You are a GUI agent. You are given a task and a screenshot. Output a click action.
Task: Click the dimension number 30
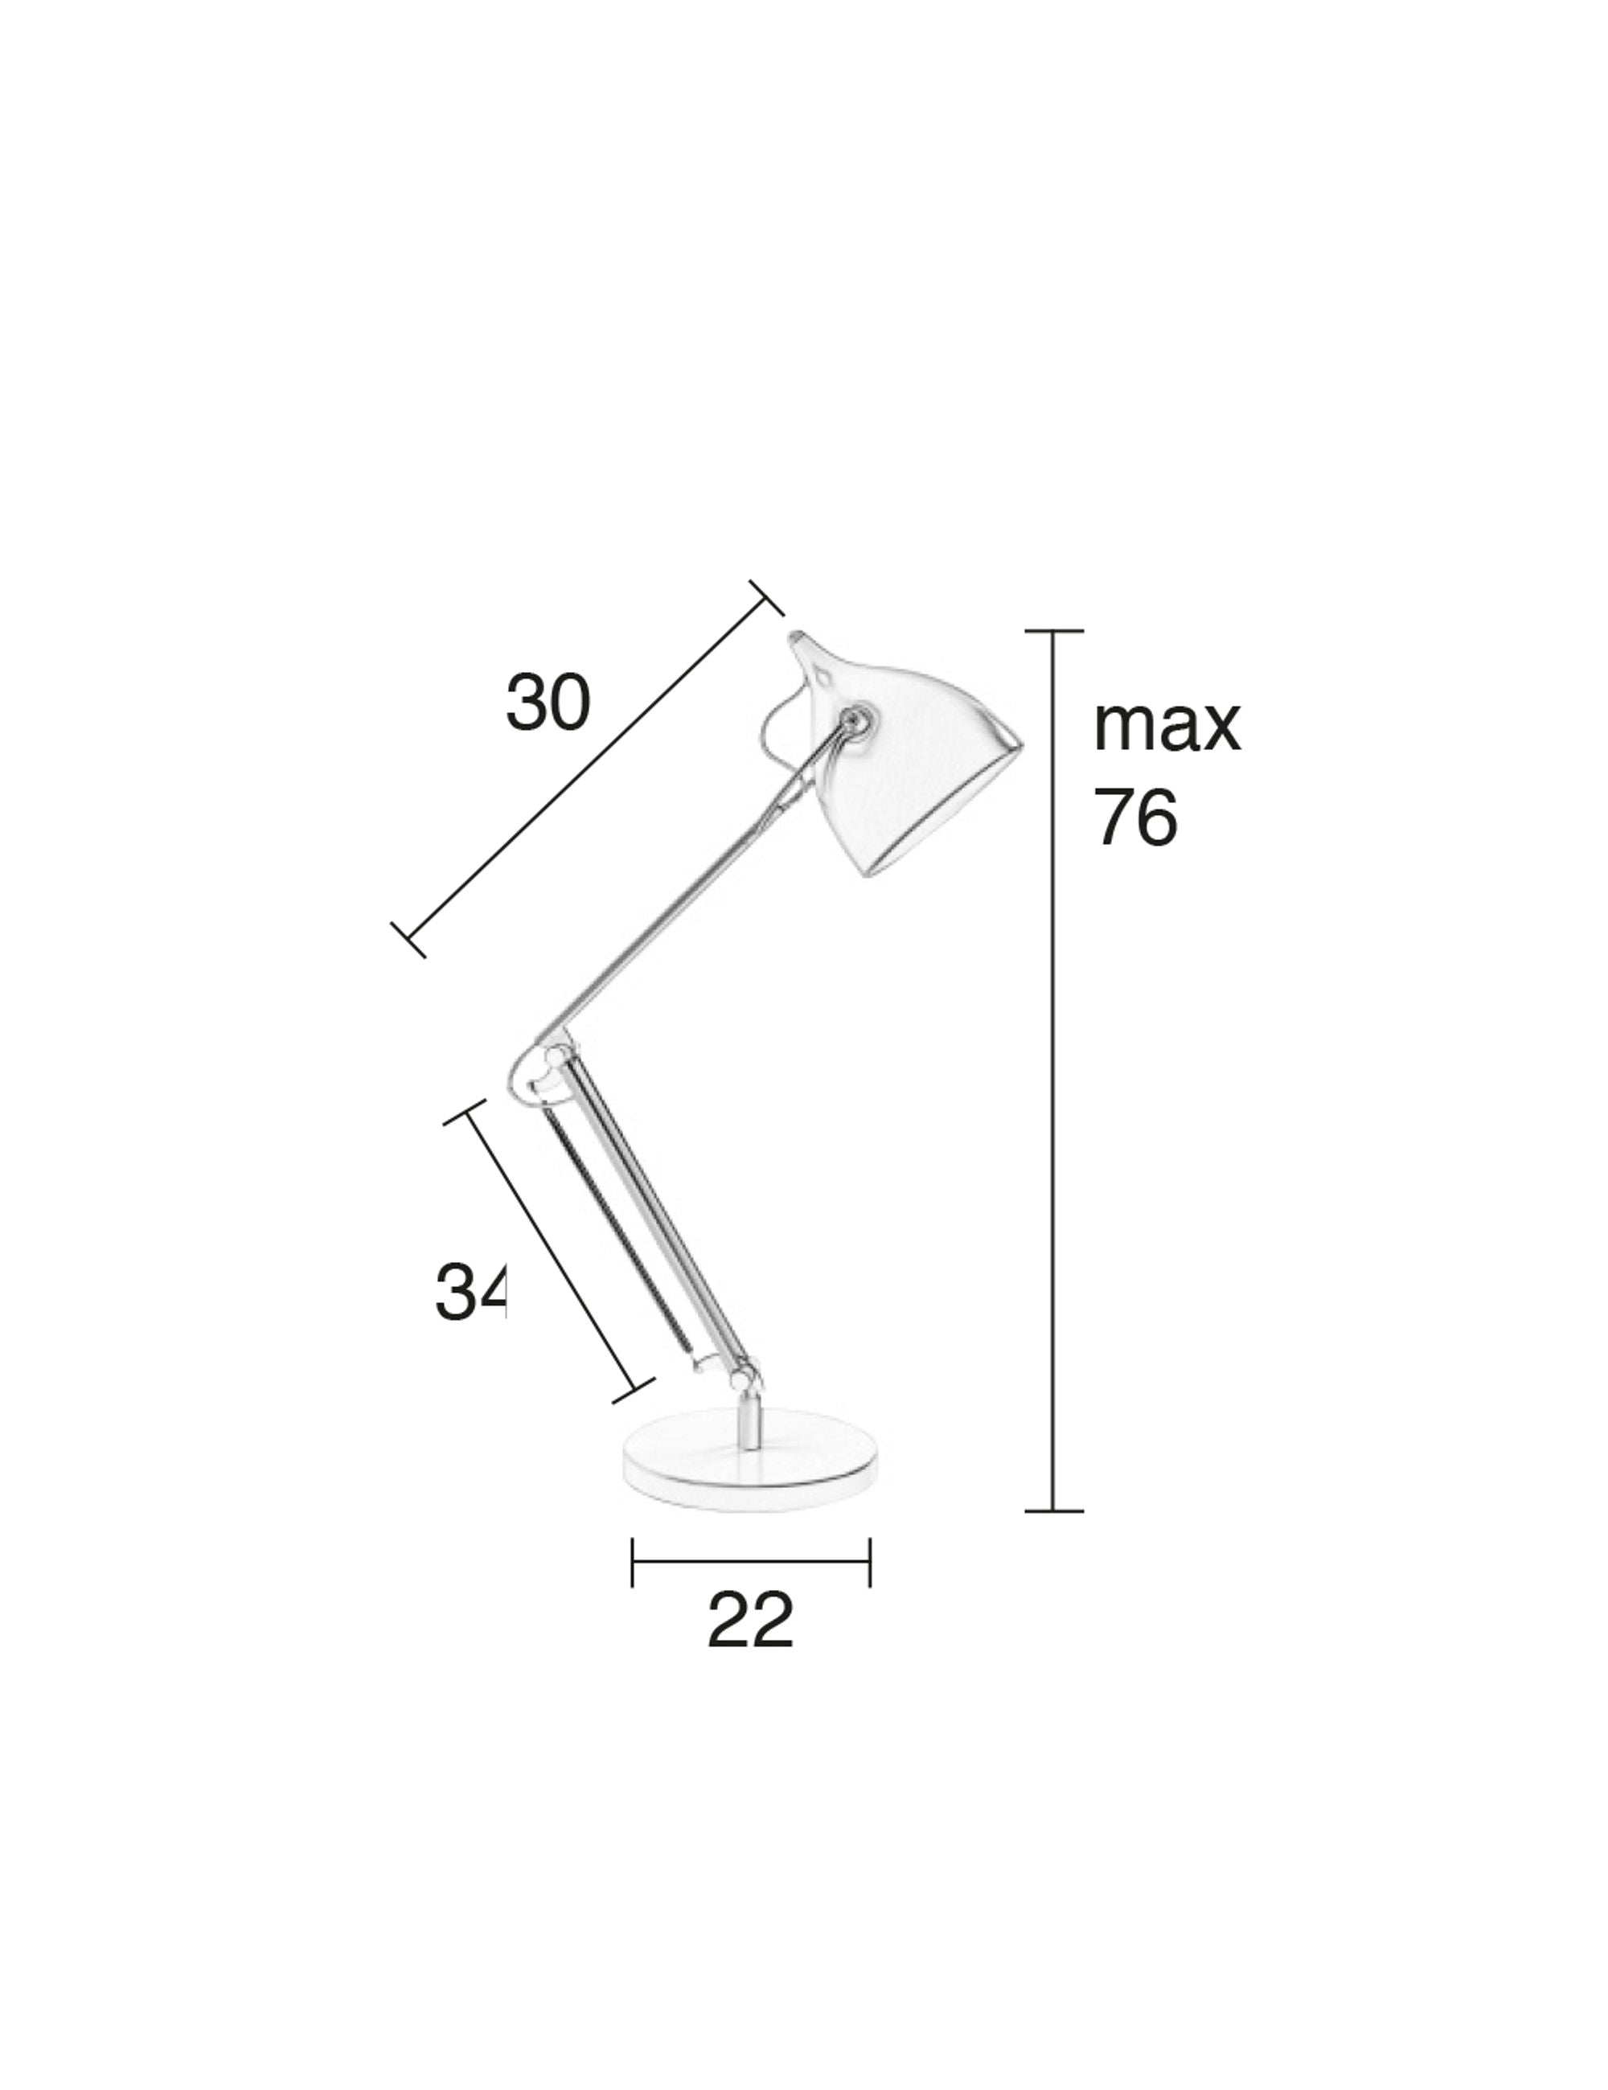[x=548, y=703]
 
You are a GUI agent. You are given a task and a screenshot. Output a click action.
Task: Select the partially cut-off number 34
[x=469, y=1293]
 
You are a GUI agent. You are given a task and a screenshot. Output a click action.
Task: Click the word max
[x=1166, y=727]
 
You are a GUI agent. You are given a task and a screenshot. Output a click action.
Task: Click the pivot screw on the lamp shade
[x=853, y=718]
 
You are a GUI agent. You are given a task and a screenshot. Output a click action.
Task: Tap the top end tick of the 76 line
[x=1054, y=632]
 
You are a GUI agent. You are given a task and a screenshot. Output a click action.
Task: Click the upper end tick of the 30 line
[x=767, y=598]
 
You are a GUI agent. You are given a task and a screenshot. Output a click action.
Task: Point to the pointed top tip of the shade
[x=796, y=637]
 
